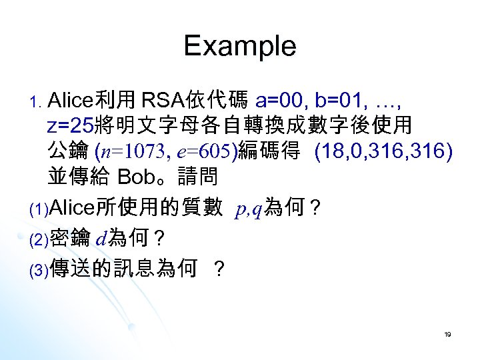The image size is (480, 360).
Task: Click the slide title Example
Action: click(x=240, y=46)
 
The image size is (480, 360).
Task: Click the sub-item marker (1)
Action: click(x=37, y=211)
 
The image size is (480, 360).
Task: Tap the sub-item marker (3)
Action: click(x=37, y=269)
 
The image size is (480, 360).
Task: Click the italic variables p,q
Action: click(x=249, y=210)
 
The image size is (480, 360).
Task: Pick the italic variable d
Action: click(x=101, y=238)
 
